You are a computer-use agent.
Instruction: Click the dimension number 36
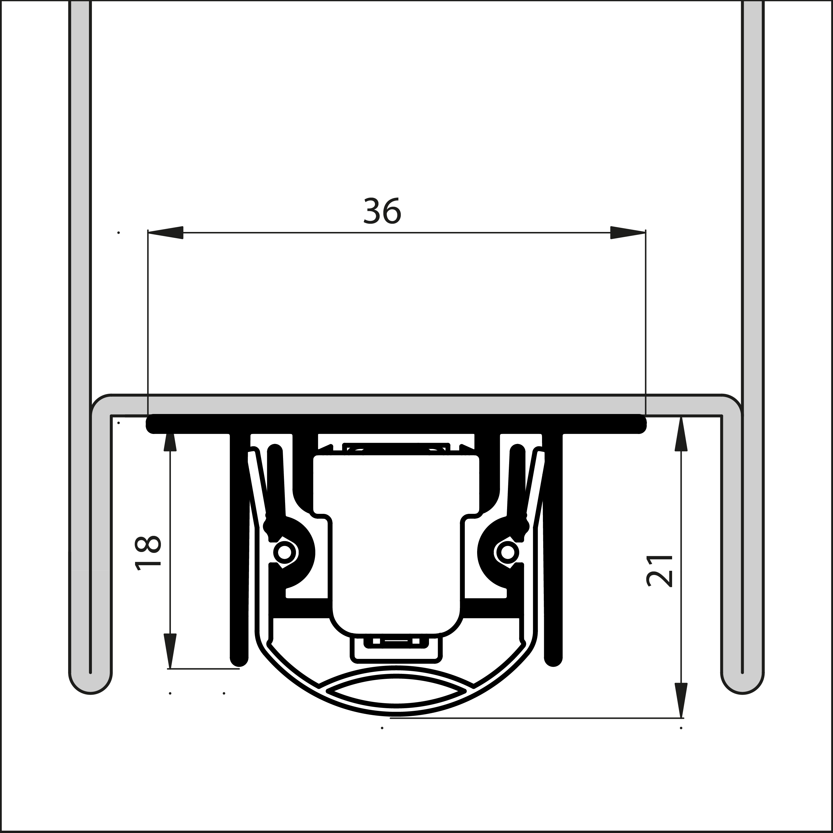[382, 211]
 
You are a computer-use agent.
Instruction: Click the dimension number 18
[148, 553]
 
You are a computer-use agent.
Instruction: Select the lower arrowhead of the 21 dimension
[681, 700]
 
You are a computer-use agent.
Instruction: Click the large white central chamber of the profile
[396, 539]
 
